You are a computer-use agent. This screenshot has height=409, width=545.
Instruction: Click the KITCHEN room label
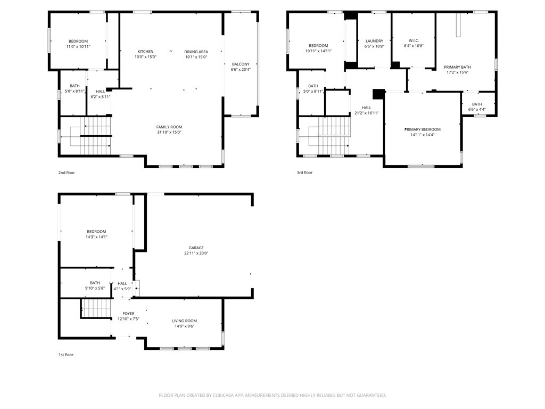click(145, 52)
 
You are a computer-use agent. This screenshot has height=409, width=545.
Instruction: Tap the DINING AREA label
click(196, 52)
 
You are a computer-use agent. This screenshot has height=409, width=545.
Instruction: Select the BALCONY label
click(240, 64)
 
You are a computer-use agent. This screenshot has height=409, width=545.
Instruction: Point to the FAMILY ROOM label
click(169, 127)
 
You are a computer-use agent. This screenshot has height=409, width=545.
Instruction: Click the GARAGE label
click(196, 248)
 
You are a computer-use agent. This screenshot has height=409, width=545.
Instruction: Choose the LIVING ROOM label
click(184, 321)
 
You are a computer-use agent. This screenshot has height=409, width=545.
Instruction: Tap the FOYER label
click(128, 314)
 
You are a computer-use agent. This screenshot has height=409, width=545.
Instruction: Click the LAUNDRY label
click(374, 41)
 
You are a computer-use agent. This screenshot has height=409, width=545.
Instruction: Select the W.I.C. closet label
click(414, 40)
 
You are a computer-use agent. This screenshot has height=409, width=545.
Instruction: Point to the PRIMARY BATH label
click(457, 67)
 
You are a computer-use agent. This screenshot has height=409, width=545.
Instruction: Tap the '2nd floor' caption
click(66, 173)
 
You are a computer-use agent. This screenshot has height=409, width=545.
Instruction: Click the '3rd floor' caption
click(304, 173)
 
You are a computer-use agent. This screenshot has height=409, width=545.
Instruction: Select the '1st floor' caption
click(66, 355)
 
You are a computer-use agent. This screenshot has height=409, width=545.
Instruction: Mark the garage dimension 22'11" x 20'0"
click(196, 253)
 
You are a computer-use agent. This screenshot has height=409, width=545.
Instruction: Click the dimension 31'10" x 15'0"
click(169, 133)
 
